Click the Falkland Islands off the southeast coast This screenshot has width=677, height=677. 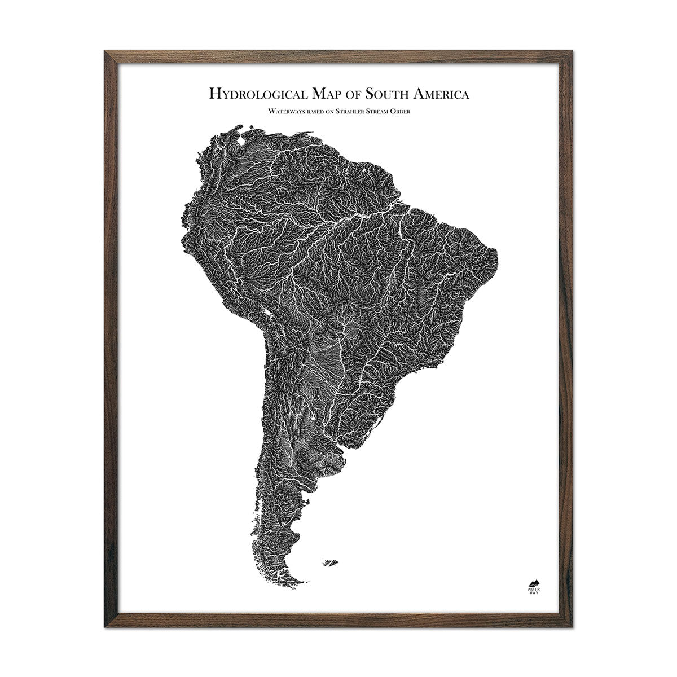pyautogui.click(x=331, y=562)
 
